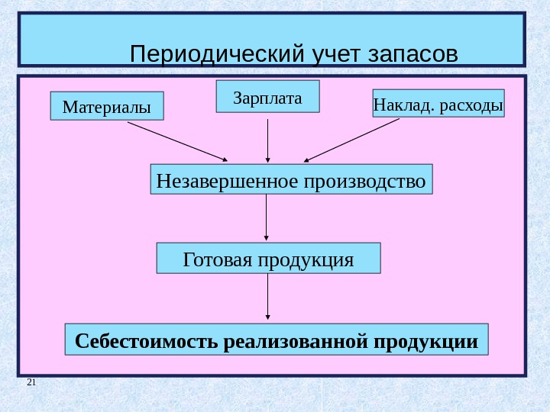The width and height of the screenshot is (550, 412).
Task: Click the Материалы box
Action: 107,107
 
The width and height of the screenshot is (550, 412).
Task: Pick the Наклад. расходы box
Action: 438,104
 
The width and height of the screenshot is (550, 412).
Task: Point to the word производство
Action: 365,181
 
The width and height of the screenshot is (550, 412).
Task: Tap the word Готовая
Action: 217,259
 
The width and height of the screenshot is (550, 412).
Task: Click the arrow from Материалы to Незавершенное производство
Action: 176,141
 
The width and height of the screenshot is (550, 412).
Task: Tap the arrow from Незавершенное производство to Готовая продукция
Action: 267,217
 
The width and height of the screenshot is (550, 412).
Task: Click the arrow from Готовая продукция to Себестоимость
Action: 267,298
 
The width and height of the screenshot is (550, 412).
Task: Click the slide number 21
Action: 31,381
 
